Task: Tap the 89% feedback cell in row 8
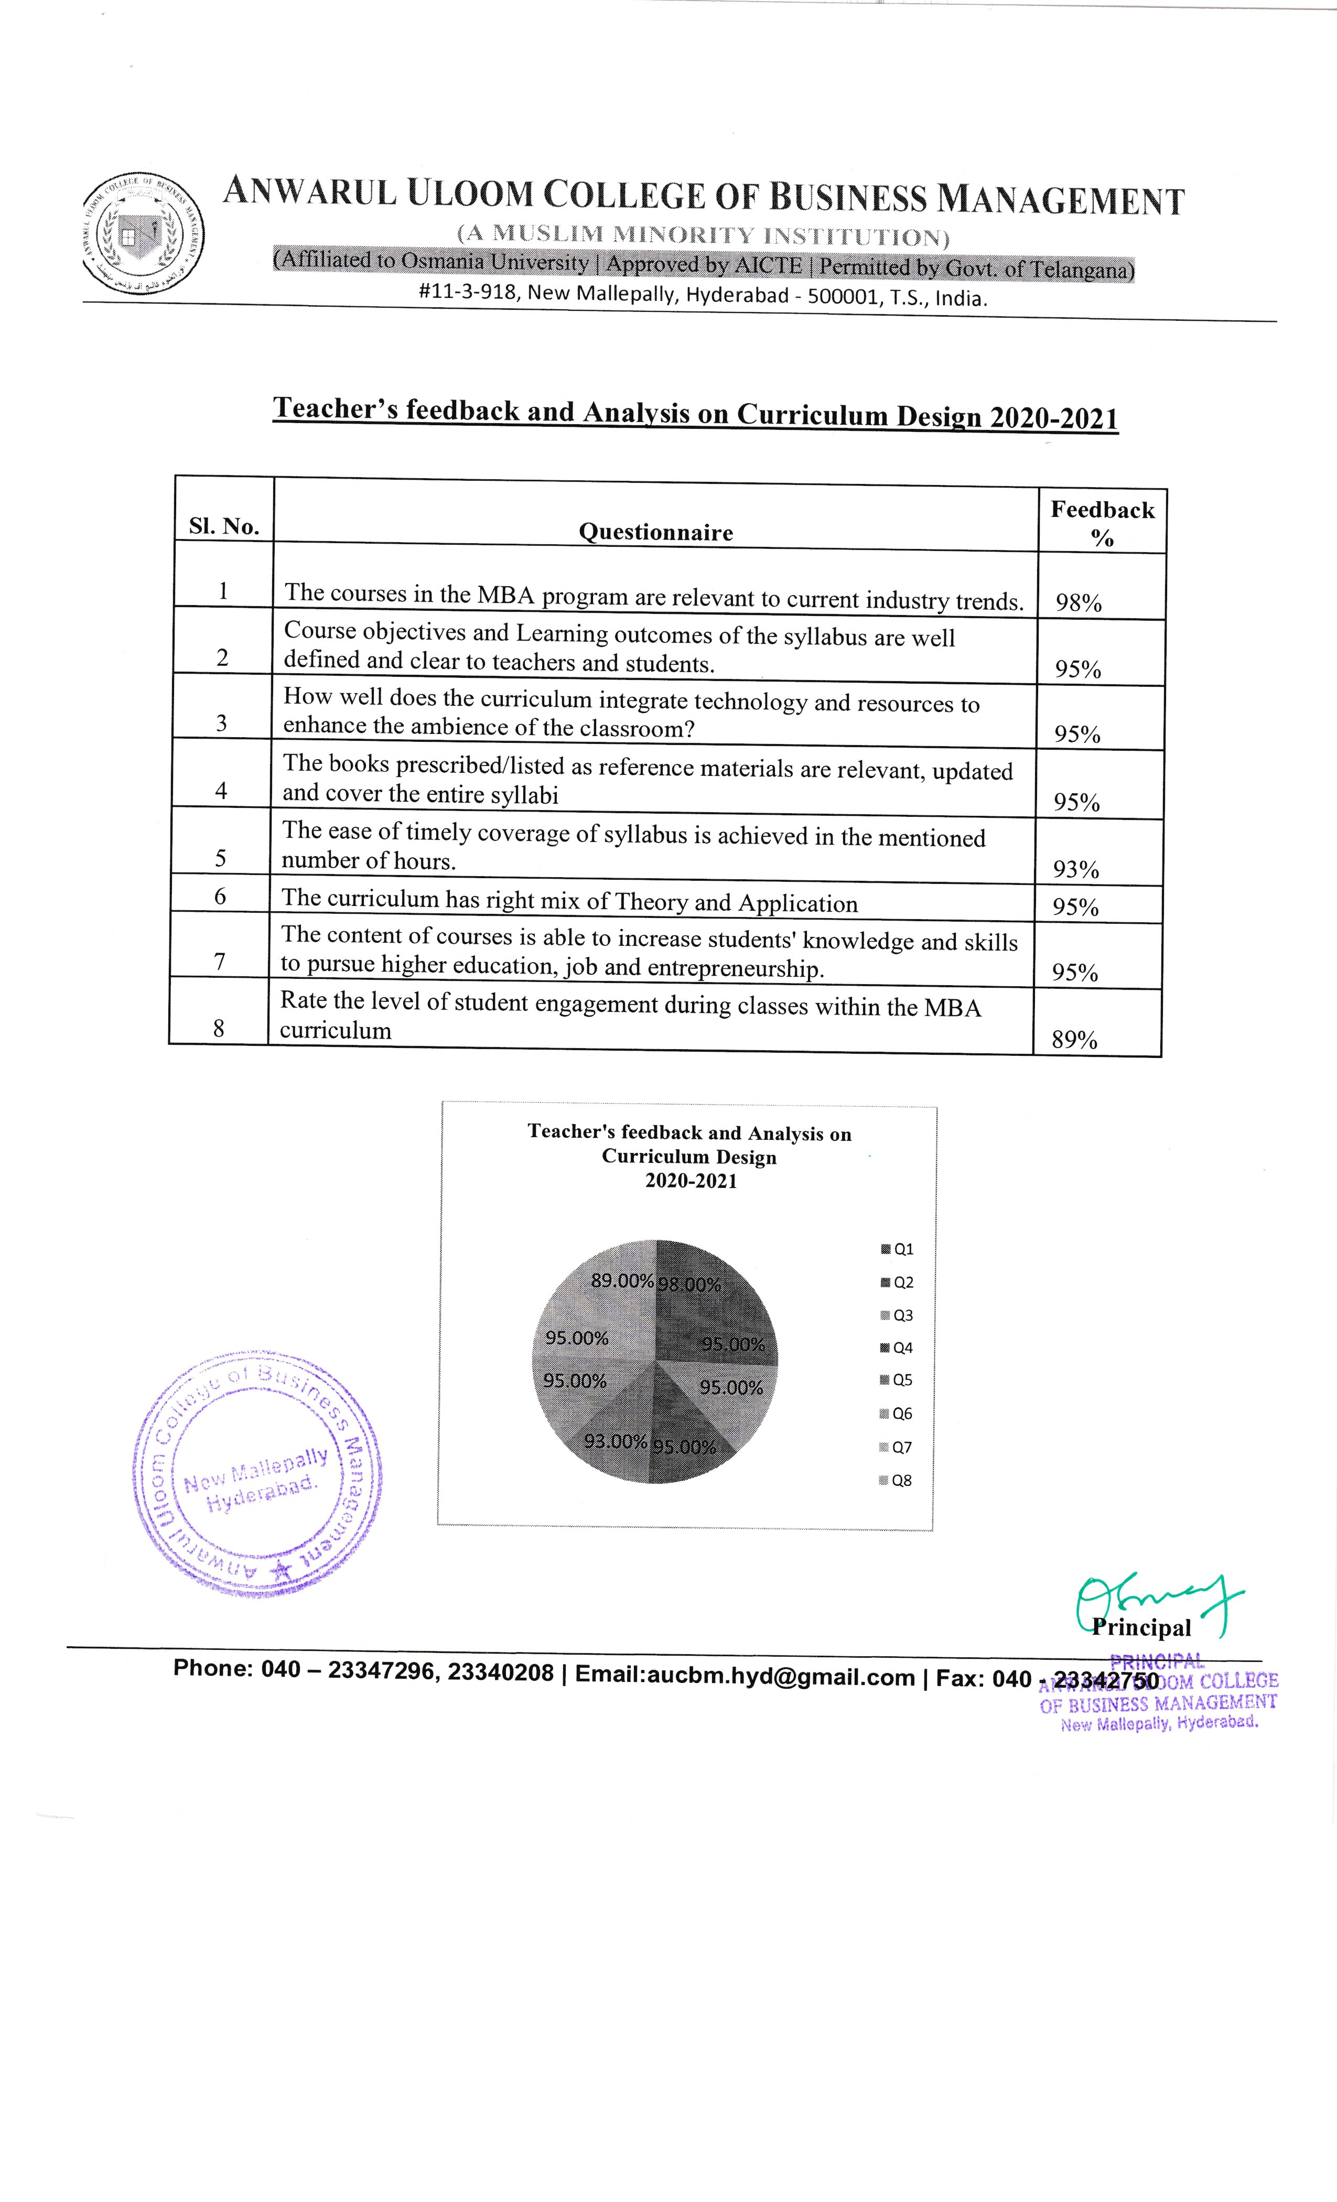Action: [1074, 1039]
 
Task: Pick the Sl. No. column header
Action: [224, 526]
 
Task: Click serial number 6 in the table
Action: [220, 897]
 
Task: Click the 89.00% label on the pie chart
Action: [622, 1281]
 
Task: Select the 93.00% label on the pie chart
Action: [615, 1441]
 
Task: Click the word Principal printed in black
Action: [1141, 1628]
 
